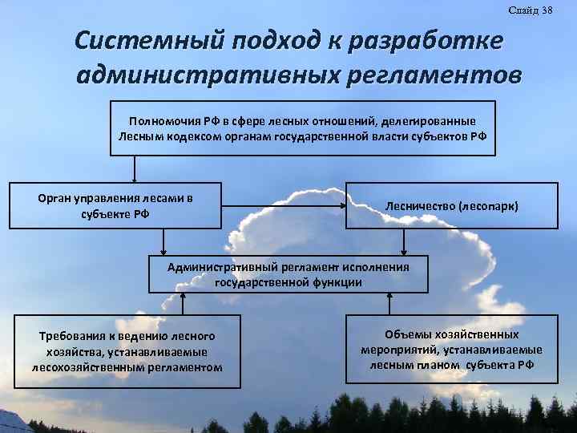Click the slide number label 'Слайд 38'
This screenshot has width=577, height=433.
(530, 9)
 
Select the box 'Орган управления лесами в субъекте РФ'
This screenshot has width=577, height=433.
(115, 205)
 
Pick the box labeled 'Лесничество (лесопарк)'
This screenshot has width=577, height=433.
(452, 206)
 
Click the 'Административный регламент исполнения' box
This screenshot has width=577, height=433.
(288, 274)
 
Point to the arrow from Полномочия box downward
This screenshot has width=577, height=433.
(135, 168)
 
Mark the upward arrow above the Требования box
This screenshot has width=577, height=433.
(184, 303)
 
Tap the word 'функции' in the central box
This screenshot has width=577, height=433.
(340, 282)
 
